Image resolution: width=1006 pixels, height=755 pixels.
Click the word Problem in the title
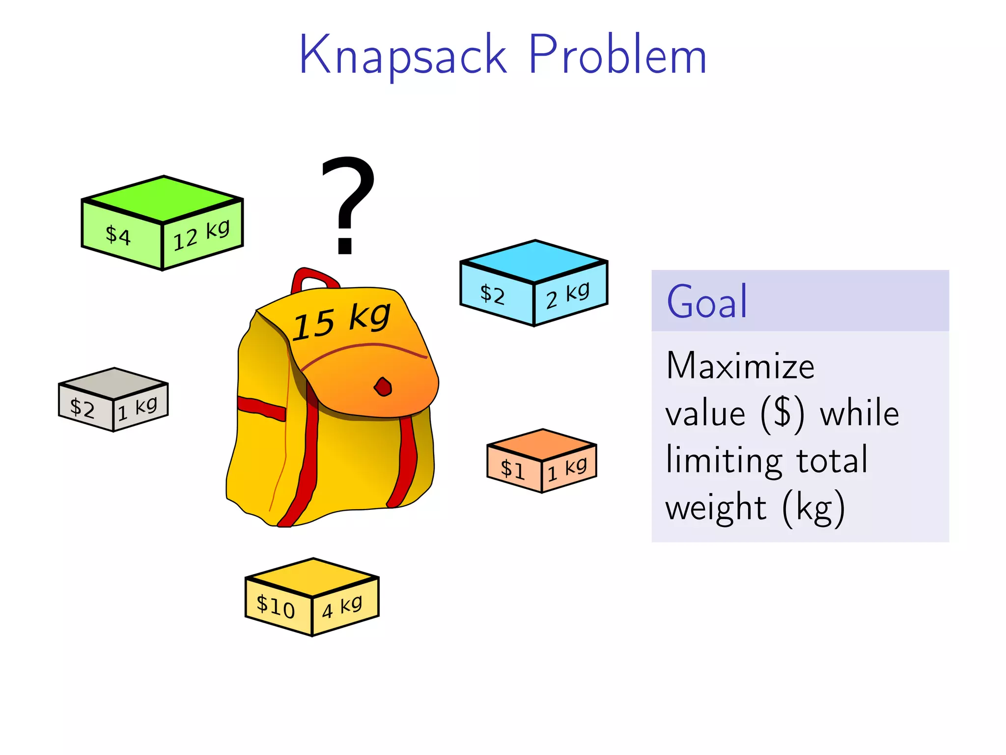pyautogui.click(x=617, y=55)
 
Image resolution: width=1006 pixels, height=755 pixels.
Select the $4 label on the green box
pyautogui.click(x=118, y=235)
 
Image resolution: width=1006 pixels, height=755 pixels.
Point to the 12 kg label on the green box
pyautogui.click(x=201, y=235)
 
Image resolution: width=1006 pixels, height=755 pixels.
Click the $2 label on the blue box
pyautogui.click(x=492, y=294)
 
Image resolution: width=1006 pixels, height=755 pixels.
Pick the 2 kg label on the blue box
pyautogui.click(x=567, y=295)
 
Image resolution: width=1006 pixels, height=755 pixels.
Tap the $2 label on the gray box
pyautogui.click(x=82, y=408)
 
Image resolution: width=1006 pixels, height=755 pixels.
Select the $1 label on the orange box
pyautogui.click(x=512, y=469)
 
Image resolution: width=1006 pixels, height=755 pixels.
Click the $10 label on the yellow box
pyautogui.click(x=276, y=606)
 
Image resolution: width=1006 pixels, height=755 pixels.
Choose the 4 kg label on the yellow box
pyautogui.click(x=342, y=608)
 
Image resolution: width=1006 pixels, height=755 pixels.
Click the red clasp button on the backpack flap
pyautogui.click(x=383, y=387)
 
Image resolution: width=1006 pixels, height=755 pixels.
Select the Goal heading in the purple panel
pyautogui.click(x=707, y=301)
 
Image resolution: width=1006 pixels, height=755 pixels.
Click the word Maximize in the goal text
pyautogui.click(x=740, y=366)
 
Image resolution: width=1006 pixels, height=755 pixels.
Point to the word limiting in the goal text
pyautogui.click(x=724, y=461)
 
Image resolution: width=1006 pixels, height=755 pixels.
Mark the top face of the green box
pyautogui.click(x=163, y=199)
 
